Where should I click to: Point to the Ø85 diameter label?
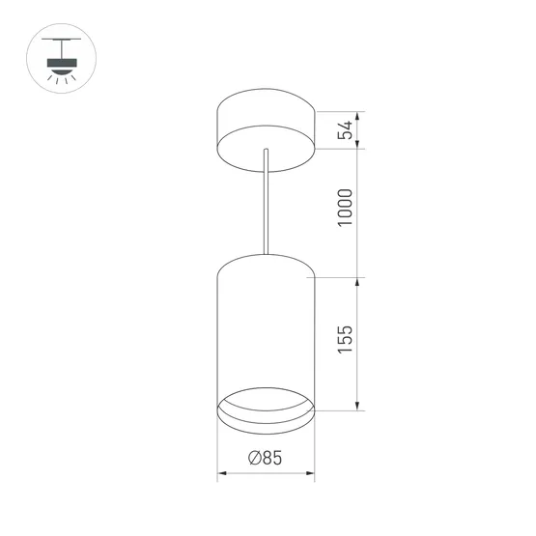265,460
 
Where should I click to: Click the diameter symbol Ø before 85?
253,460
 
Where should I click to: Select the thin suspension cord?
265,203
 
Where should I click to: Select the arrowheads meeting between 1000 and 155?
359,278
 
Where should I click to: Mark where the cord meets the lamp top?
265,255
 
